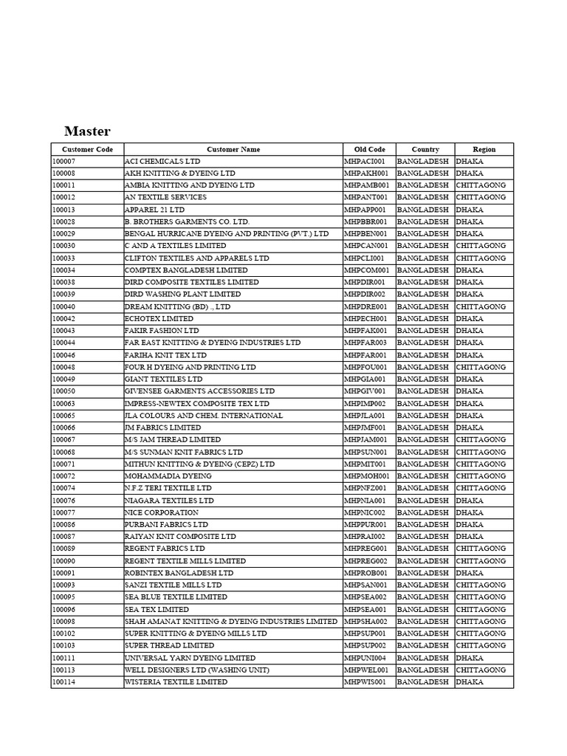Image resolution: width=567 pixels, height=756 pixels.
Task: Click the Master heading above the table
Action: (87, 131)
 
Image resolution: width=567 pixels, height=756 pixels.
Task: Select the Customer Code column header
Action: (87, 149)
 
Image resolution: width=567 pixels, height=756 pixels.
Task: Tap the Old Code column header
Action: (369, 149)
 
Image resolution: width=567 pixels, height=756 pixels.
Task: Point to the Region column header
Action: (484, 149)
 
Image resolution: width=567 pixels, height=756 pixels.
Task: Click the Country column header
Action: (425, 149)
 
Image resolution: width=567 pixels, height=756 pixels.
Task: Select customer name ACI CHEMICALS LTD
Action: (162, 161)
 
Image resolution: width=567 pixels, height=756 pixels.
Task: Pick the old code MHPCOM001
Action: (366, 270)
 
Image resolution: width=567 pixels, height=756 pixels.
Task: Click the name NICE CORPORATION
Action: (161, 512)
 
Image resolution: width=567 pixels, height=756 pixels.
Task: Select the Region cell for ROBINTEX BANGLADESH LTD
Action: (470, 573)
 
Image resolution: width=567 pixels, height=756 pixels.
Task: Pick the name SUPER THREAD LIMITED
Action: (164, 646)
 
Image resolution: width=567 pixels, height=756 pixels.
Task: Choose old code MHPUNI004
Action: (365, 658)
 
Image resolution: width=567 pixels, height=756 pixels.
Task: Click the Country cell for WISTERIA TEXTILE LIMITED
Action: (422, 682)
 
